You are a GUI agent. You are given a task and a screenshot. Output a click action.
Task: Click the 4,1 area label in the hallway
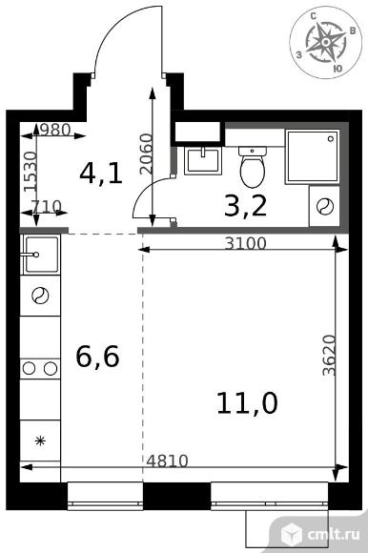(x=101, y=174)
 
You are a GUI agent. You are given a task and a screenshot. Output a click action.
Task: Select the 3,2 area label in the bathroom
(x=245, y=206)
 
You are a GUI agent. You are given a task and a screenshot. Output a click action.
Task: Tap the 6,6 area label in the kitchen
(x=97, y=357)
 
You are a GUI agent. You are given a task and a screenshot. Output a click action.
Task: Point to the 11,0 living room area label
(x=247, y=402)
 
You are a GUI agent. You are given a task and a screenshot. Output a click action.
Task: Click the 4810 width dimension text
(x=167, y=461)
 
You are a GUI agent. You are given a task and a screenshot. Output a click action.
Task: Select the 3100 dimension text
(x=245, y=243)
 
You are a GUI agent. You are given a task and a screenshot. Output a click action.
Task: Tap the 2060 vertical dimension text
(x=145, y=154)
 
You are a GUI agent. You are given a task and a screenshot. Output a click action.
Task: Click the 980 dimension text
(x=56, y=131)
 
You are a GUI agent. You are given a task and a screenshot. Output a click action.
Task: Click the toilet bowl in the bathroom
(x=253, y=168)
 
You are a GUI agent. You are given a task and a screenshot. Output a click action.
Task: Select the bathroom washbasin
(x=203, y=161)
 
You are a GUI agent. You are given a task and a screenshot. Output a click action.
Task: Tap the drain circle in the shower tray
(x=331, y=138)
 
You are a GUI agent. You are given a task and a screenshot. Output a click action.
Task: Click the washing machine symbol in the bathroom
(x=324, y=206)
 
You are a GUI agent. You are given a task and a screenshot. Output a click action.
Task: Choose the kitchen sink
(x=40, y=255)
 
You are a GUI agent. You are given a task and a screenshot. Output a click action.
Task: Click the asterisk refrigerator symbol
(x=40, y=440)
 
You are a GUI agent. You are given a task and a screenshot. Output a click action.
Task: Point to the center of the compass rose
(x=326, y=42)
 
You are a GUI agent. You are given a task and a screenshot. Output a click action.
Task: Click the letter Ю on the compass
(x=337, y=69)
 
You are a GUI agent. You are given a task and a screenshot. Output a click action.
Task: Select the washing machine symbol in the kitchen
(x=40, y=296)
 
